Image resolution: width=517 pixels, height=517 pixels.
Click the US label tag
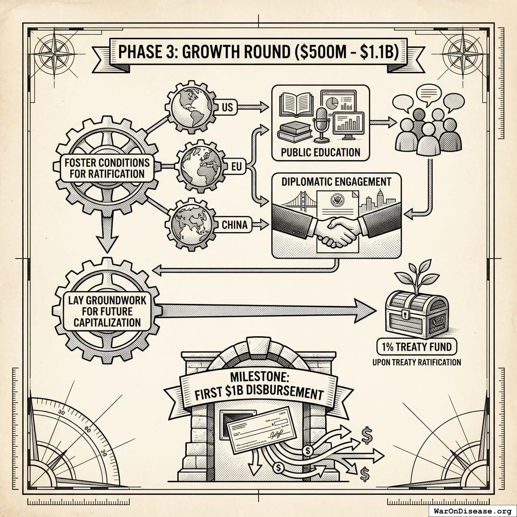(x=226, y=108)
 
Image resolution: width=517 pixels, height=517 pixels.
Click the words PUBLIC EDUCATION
(x=321, y=152)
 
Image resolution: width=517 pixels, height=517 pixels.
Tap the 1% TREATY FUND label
(x=417, y=347)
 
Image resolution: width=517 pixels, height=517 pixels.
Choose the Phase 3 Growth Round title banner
(x=258, y=53)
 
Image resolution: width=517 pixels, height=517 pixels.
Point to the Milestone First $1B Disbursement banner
(x=258, y=385)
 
